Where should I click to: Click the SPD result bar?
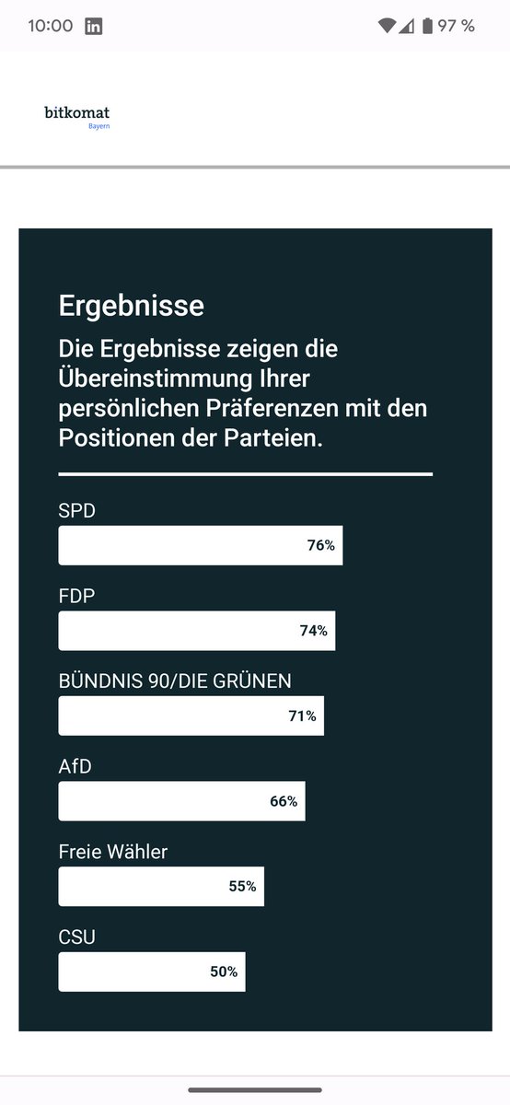tap(200, 545)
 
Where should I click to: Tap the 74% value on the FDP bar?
tap(313, 631)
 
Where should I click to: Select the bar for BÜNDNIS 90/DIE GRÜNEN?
tap(191, 715)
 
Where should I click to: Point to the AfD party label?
tap(75, 766)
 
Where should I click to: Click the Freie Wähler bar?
tap(161, 886)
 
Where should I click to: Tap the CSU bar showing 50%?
tap(152, 971)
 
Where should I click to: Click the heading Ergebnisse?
tap(132, 305)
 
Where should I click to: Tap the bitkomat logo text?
tap(76, 112)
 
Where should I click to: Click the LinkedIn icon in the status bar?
tap(94, 26)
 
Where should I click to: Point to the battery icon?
tap(427, 26)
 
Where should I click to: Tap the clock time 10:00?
tap(51, 26)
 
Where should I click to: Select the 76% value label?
tap(320, 545)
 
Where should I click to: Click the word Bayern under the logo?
tap(99, 126)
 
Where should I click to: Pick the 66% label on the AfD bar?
tap(284, 801)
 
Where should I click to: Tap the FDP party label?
tap(77, 596)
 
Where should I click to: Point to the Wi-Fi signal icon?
tap(387, 26)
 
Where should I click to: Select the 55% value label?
tap(242, 887)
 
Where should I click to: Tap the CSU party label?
tap(77, 937)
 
